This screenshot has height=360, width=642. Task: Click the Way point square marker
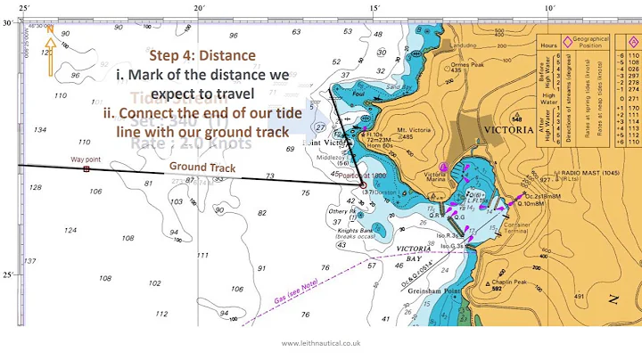coord(86,168)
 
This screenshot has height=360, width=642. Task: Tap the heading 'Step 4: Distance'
coord(202,55)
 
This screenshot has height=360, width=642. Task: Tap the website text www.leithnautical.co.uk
coord(320,343)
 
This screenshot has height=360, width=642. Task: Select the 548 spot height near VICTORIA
coord(516,119)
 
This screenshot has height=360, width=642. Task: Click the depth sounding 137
coord(31,261)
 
